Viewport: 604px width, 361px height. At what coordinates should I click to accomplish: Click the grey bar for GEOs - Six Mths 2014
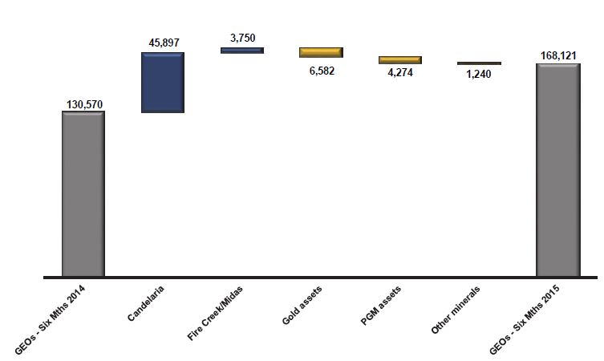[x=83, y=194]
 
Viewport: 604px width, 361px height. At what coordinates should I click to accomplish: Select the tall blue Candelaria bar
[x=163, y=83]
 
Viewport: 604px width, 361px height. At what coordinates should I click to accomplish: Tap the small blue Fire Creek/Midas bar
[x=242, y=51]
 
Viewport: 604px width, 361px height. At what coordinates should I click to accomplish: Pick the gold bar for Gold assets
[x=322, y=52]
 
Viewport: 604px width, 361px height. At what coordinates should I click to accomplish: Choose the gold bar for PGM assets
[x=400, y=60]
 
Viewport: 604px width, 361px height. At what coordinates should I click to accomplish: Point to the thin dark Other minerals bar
[x=479, y=63]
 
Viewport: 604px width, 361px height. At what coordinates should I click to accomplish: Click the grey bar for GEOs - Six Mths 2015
[x=558, y=170]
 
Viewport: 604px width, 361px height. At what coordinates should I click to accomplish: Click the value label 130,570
[x=85, y=104]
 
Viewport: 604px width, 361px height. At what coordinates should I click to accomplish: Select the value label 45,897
[x=164, y=43]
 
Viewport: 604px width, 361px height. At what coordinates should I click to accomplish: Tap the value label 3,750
[x=243, y=39]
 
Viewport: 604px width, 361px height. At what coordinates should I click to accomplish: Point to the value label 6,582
[x=322, y=71]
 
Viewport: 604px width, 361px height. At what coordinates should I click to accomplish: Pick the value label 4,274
[x=400, y=72]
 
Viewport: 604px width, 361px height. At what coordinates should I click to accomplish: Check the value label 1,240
[x=479, y=74]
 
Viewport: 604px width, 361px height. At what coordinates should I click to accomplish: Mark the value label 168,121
[x=558, y=56]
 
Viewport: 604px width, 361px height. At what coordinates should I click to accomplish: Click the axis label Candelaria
[x=146, y=303]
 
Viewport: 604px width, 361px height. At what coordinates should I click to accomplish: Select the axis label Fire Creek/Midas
[x=215, y=313]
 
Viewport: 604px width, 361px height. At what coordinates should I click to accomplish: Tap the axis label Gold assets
[x=302, y=305]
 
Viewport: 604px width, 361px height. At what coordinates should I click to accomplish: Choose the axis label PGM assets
[x=380, y=306]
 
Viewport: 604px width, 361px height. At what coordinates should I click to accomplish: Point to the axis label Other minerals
[x=456, y=310]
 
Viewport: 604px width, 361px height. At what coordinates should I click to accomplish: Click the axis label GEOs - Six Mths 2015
[x=525, y=320]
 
